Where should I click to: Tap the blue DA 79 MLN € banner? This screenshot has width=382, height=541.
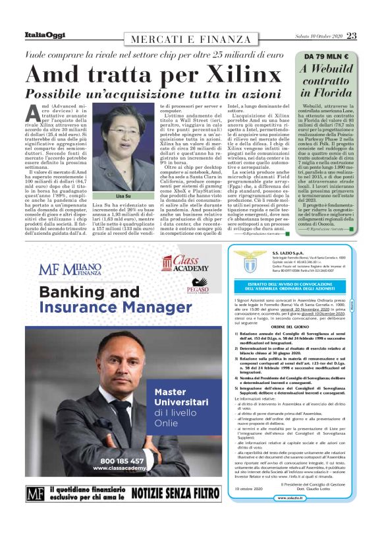tap(325, 57)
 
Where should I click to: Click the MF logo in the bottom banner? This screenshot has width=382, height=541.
tap(35, 511)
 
